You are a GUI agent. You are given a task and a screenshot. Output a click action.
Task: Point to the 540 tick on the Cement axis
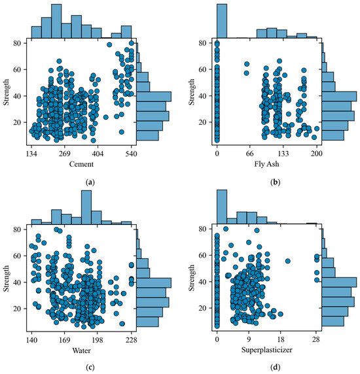coord(132,154)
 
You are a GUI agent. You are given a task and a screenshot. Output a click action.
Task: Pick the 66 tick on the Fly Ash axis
coord(250,154)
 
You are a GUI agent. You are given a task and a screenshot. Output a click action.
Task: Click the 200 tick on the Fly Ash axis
coord(317,154)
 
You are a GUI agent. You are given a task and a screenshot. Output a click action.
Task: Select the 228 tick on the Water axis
coord(132,341)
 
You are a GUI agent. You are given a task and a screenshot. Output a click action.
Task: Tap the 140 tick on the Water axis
coord(31,341)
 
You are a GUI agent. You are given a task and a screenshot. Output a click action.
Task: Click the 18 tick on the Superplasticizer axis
coord(281,341)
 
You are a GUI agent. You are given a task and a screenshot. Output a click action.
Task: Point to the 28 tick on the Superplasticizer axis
coord(317,341)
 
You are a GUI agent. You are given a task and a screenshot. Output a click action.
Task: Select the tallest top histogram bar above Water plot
coord(86,208)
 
